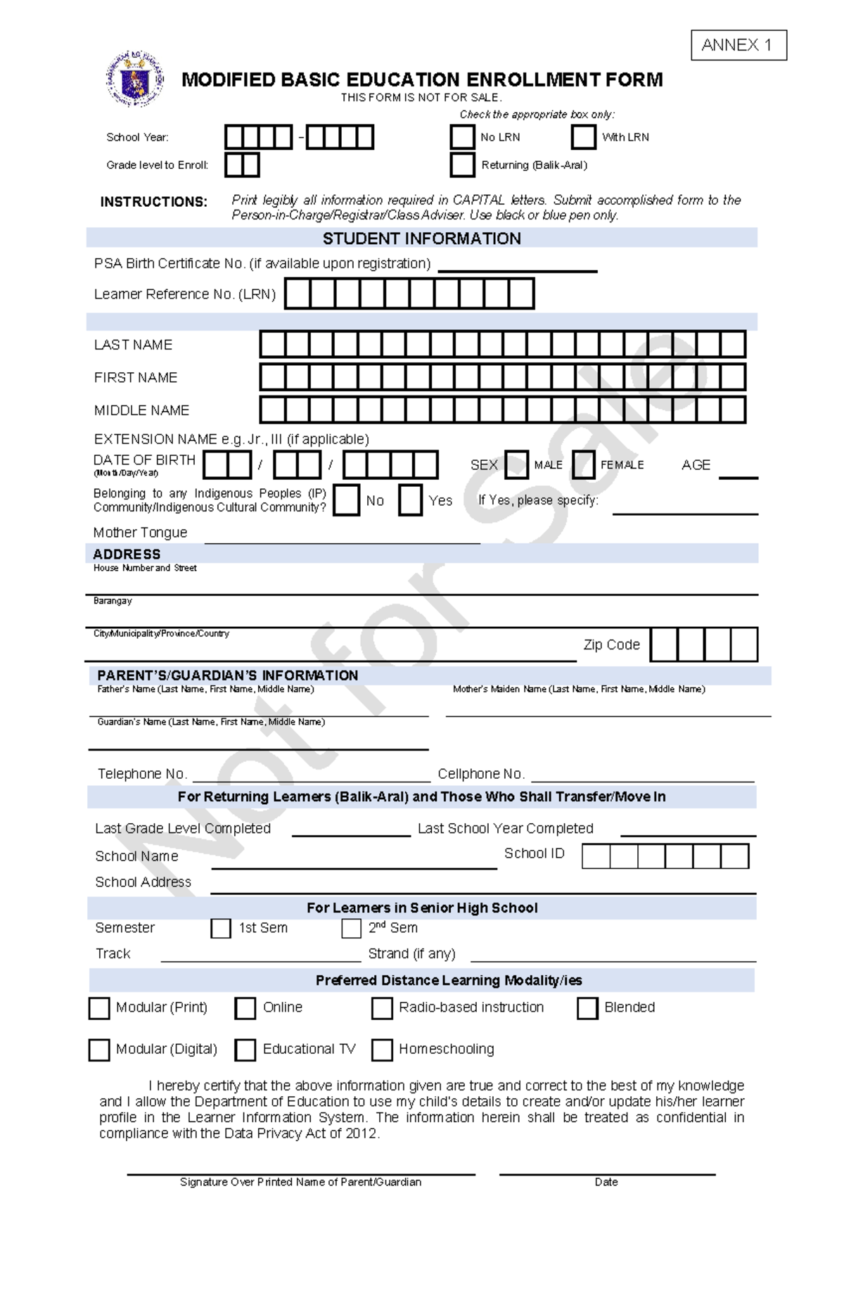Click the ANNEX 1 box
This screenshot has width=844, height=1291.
coord(738,45)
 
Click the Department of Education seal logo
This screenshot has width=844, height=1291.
coord(134,79)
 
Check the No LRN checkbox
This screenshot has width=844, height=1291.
coord(462,137)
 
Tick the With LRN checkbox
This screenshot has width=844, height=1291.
coord(583,137)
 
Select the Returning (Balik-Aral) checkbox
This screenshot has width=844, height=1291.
coord(462,165)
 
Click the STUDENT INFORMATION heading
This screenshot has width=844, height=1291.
coord(421,239)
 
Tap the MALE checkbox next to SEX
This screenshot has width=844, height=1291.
coord(516,465)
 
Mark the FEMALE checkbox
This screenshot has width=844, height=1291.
coord(583,465)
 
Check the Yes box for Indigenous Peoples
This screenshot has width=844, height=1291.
coord(410,500)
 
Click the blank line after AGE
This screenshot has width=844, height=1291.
coord(738,473)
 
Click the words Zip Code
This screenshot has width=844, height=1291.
coord(611,644)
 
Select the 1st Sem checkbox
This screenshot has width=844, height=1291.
coord(221,928)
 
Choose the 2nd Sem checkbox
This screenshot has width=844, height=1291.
coord(351,928)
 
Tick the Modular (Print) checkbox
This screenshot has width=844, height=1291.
coord(99,1008)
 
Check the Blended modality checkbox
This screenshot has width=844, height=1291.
coord(587,1008)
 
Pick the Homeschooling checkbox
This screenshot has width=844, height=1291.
coord(382,1050)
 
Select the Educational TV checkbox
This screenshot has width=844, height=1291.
coord(245,1050)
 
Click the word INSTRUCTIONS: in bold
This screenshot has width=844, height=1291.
coord(153,202)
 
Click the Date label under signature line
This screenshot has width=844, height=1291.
coord(606,1182)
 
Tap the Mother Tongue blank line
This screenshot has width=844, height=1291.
coord(342,538)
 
